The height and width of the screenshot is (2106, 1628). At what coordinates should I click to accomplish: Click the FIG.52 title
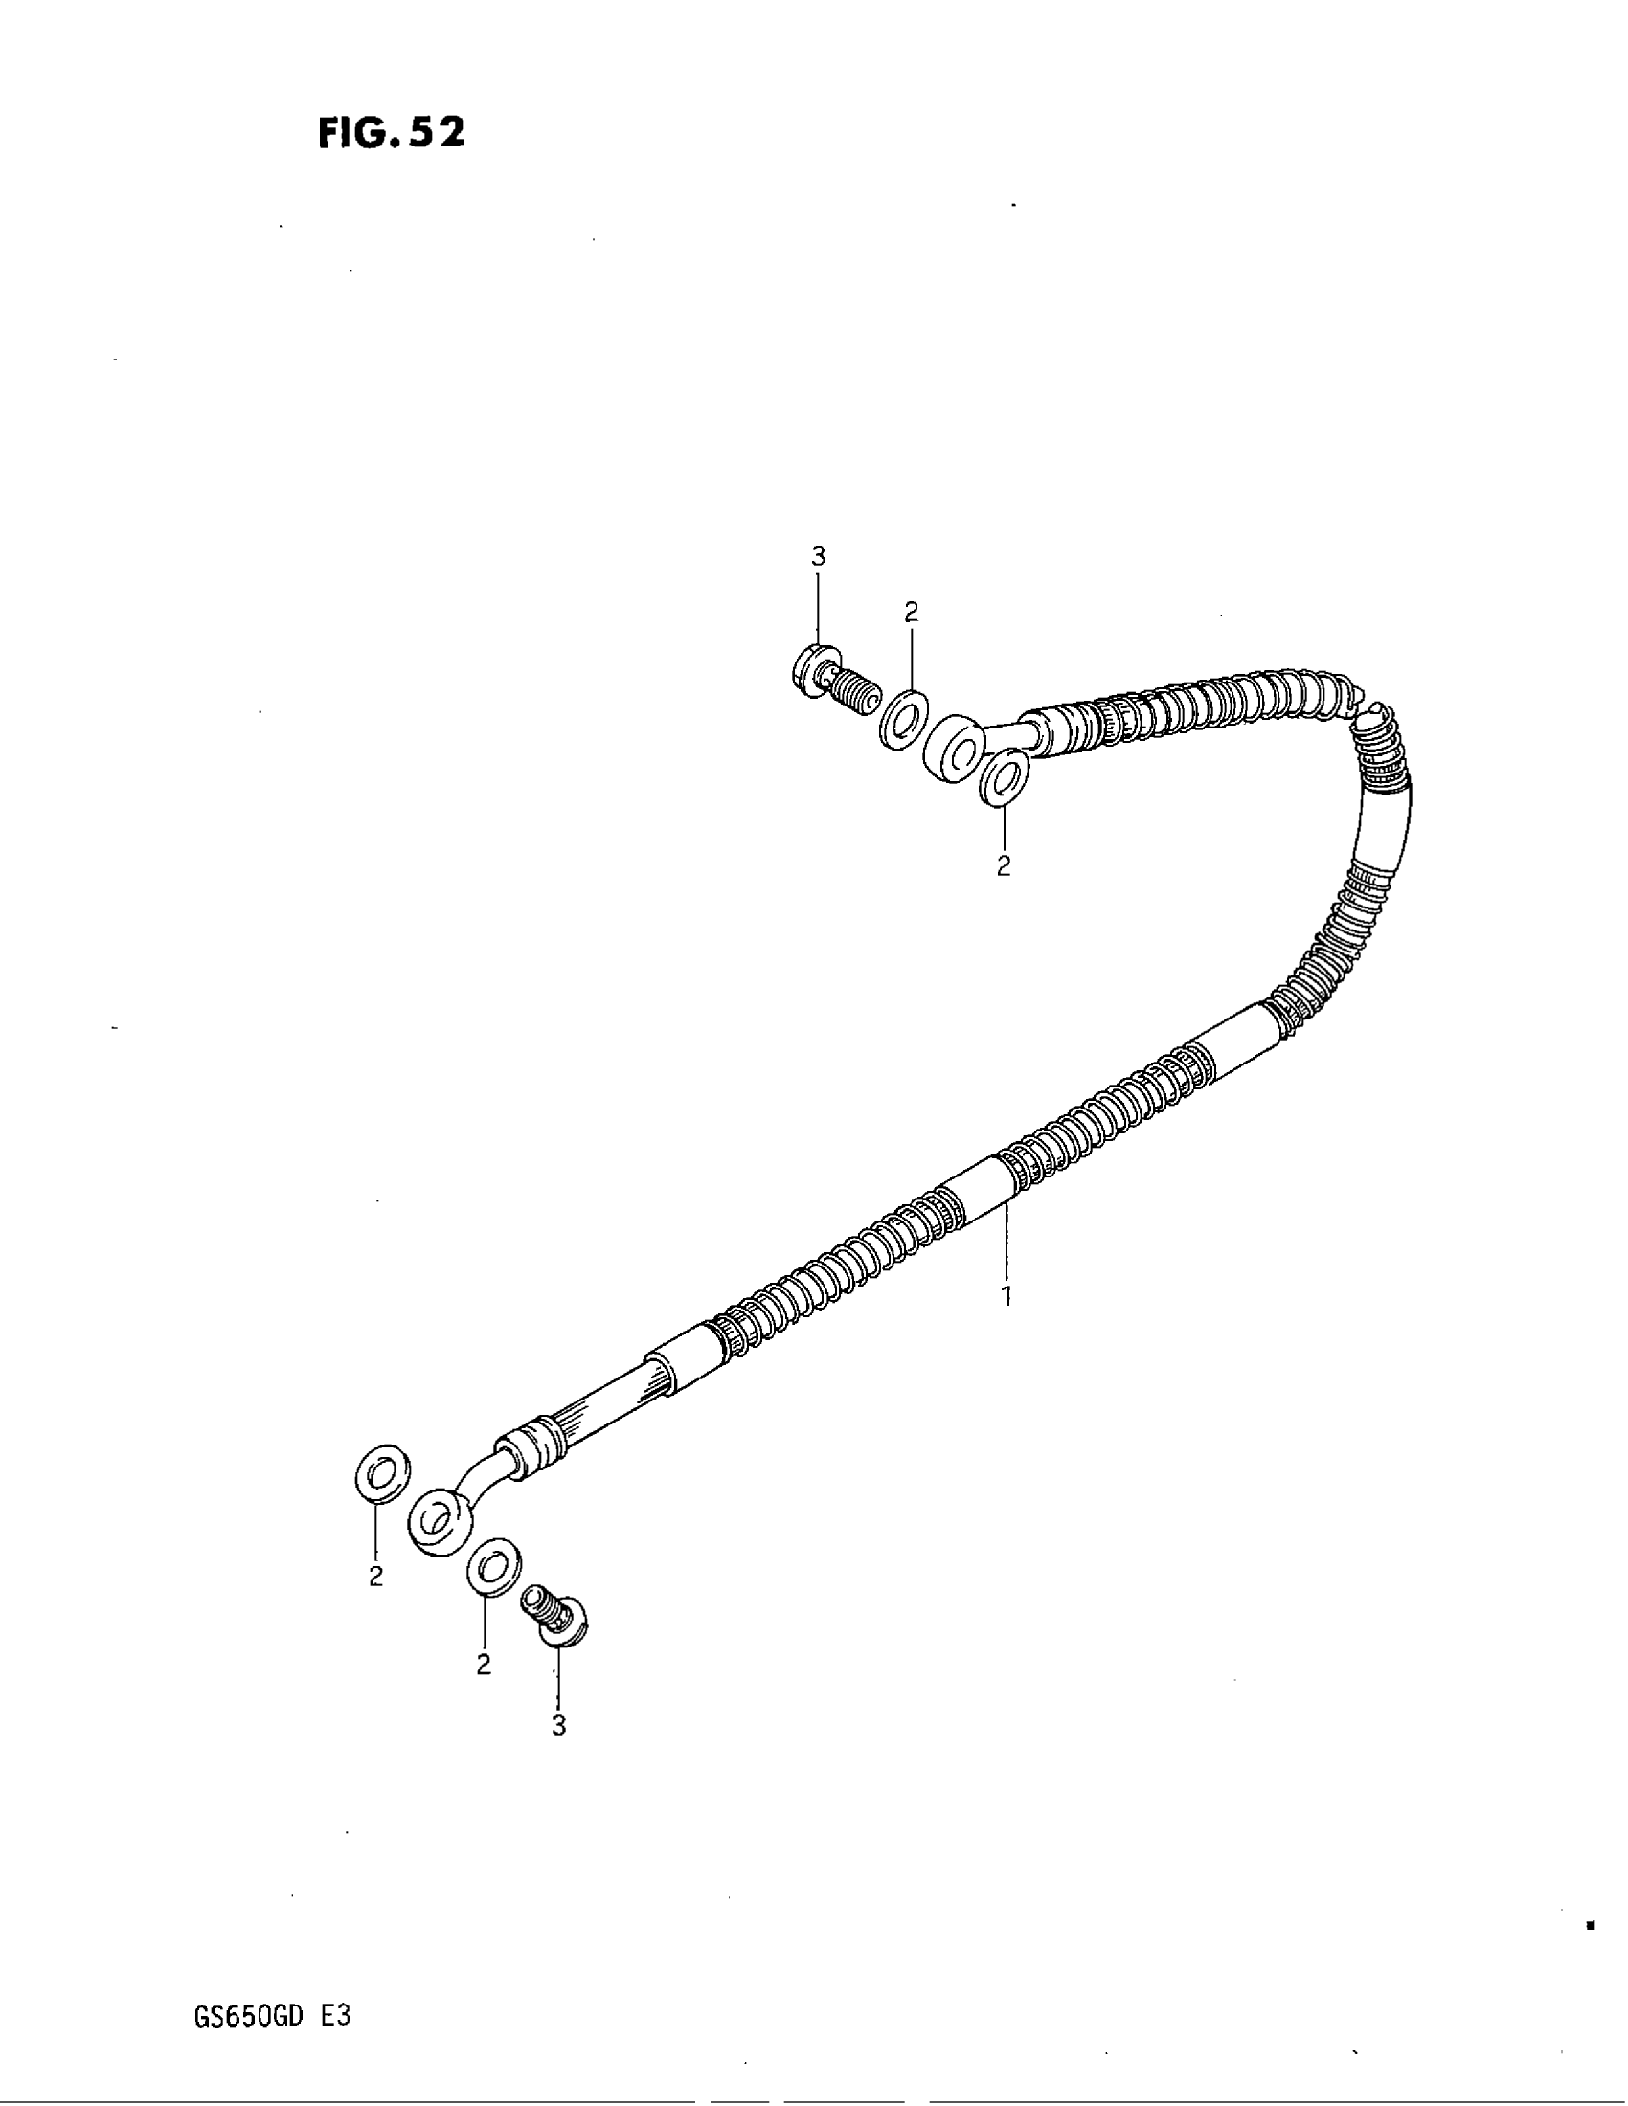391,133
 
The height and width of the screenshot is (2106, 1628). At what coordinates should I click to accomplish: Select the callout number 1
1006,1296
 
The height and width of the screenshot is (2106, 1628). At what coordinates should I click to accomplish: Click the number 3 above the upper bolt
818,556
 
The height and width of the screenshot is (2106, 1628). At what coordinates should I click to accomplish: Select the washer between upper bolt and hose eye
904,718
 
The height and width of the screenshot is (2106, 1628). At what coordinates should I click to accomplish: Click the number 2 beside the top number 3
912,612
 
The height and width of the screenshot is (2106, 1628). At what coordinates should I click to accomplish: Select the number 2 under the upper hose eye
1003,866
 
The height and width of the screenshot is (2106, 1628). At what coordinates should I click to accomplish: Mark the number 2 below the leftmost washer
375,1578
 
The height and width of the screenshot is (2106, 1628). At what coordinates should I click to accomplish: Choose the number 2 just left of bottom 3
484,1666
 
